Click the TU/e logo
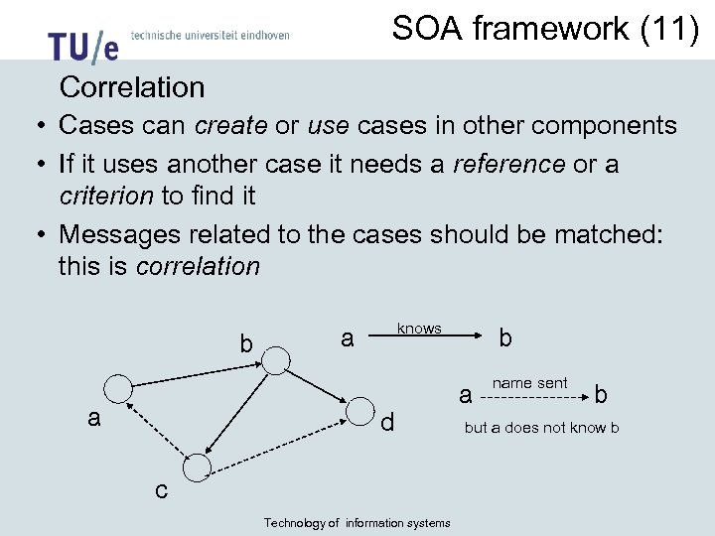click(82, 46)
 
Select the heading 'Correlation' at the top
click(132, 87)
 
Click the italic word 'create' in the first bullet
click(231, 126)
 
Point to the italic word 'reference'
click(508, 163)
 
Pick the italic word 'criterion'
click(106, 196)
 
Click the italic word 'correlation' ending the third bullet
click(198, 266)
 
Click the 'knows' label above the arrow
click(419, 328)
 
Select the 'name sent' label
click(530, 382)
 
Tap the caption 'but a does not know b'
click(542, 428)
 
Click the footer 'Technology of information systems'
click(357, 523)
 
